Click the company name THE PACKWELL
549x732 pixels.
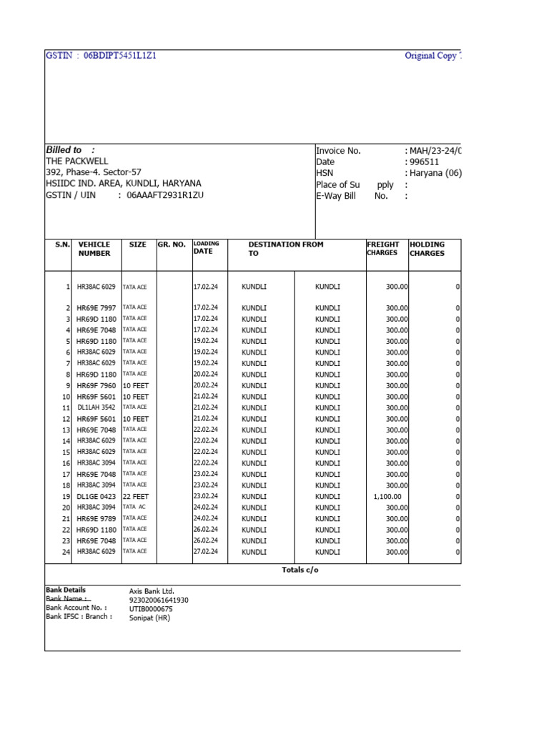[x=77, y=162]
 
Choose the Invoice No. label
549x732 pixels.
[x=339, y=151]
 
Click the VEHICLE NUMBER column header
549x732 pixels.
[x=94, y=249]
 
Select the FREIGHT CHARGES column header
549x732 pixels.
[x=383, y=249]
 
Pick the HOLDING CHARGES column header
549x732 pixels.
[x=427, y=249]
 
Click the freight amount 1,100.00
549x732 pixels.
[x=387, y=497]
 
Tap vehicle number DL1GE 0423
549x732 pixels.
[x=96, y=497]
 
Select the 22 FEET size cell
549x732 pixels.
[x=136, y=497]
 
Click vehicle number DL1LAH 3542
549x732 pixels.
[x=96, y=408]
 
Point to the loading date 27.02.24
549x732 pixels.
[x=206, y=552]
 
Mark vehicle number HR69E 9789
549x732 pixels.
[x=96, y=519]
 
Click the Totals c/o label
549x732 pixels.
[x=300, y=570]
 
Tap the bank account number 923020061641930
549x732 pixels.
[x=159, y=600]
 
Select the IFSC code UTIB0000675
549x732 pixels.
[x=151, y=609]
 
